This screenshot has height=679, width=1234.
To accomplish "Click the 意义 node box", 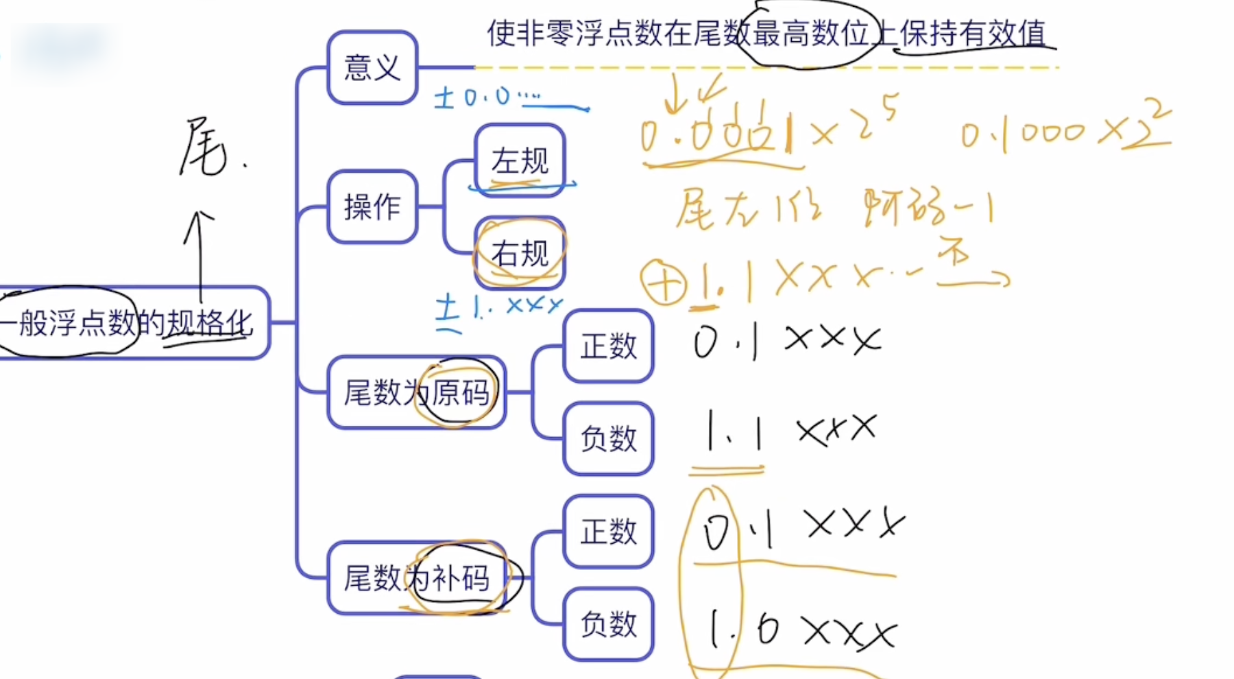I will coord(372,68).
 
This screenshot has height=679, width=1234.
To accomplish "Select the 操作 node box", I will coord(372,206).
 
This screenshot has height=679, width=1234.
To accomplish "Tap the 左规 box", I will coord(520,161).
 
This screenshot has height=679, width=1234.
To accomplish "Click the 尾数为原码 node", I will coord(416,393).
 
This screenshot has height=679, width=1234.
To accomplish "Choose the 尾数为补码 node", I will coord(416,578).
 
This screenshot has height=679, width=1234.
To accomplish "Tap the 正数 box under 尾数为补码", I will coord(608,532).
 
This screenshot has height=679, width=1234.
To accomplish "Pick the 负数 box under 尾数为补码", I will coord(608,624).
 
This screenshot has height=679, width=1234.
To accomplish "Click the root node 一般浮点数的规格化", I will coord(130,323).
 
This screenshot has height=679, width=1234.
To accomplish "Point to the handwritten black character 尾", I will coord(204,147).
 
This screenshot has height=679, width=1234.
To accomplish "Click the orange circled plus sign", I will coord(663,282).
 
